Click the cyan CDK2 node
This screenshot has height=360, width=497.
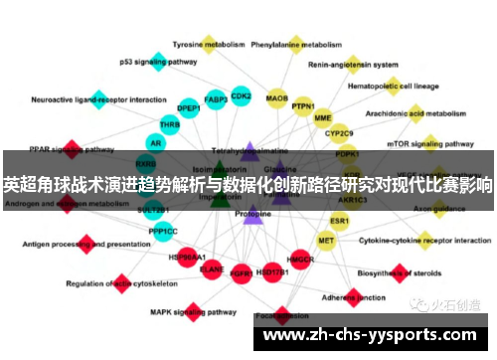click(241, 95)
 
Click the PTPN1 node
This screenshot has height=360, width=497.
click(303, 106)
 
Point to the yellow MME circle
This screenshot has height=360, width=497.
click(323, 117)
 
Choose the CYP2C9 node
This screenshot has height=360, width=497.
click(339, 132)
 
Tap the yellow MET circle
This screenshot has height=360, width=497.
click(326, 240)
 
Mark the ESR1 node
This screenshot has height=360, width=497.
click(340, 220)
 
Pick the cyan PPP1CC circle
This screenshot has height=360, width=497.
click(163, 231)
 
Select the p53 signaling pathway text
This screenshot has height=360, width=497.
click(158, 62)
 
